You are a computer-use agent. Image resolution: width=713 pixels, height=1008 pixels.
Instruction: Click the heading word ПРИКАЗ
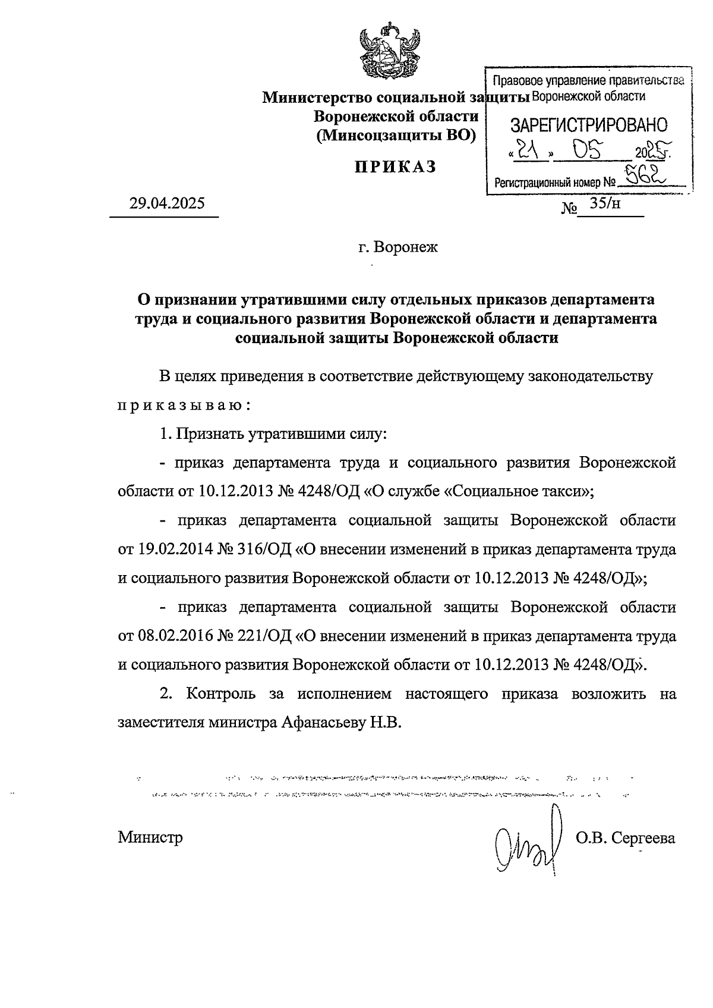click(395, 167)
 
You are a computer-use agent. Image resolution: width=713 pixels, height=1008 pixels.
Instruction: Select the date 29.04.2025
click(167, 204)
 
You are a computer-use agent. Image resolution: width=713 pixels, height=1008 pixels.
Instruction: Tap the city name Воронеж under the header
click(397, 246)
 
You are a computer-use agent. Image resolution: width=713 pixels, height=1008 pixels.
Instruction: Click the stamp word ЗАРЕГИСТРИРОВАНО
click(589, 125)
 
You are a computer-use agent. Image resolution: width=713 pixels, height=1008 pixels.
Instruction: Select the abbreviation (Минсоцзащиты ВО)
click(396, 136)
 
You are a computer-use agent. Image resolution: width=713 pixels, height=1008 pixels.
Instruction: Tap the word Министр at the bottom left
click(150, 838)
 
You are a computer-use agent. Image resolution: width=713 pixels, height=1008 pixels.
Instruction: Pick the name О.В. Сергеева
click(625, 838)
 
